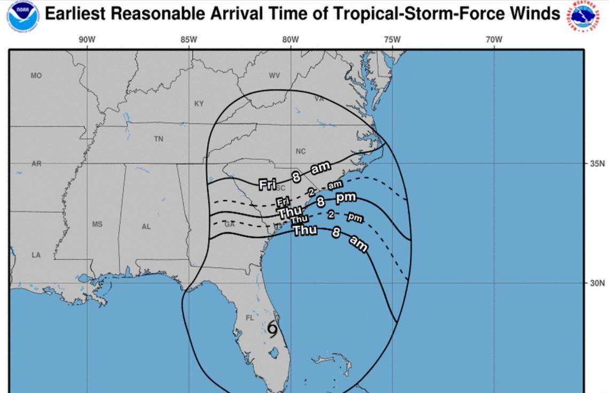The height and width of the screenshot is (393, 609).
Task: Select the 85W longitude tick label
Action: pos(189,40)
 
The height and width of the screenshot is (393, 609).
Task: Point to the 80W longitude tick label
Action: pos(291,40)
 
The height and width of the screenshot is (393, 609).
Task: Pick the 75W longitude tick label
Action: pos(392,40)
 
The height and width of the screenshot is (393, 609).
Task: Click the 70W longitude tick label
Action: pos(494,40)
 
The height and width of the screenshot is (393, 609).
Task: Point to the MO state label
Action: pos(36,76)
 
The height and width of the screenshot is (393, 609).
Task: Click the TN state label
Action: pos(159,139)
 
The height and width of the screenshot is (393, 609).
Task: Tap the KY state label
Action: pos(199,104)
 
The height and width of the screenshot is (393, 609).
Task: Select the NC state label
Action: pos(301,151)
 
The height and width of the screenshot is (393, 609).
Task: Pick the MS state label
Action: pos(97,225)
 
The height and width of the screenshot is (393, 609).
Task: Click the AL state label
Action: pos(146,227)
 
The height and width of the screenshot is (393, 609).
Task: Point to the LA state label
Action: pos(36,255)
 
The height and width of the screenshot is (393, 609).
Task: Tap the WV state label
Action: pos(274,76)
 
